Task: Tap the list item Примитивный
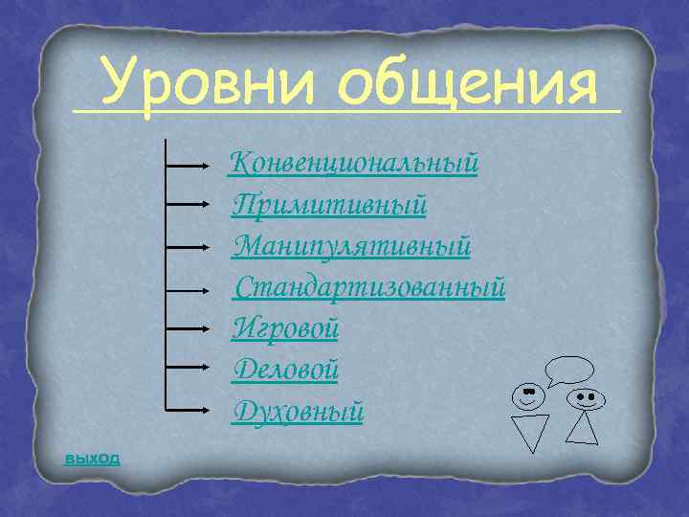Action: click(329, 205)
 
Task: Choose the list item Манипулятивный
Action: click(351, 246)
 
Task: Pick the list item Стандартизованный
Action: click(368, 287)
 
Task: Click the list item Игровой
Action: click(285, 328)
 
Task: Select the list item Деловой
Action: click(285, 370)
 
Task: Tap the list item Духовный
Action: click(298, 411)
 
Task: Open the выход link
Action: click(92, 458)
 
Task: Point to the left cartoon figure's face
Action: click(528, 394)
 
